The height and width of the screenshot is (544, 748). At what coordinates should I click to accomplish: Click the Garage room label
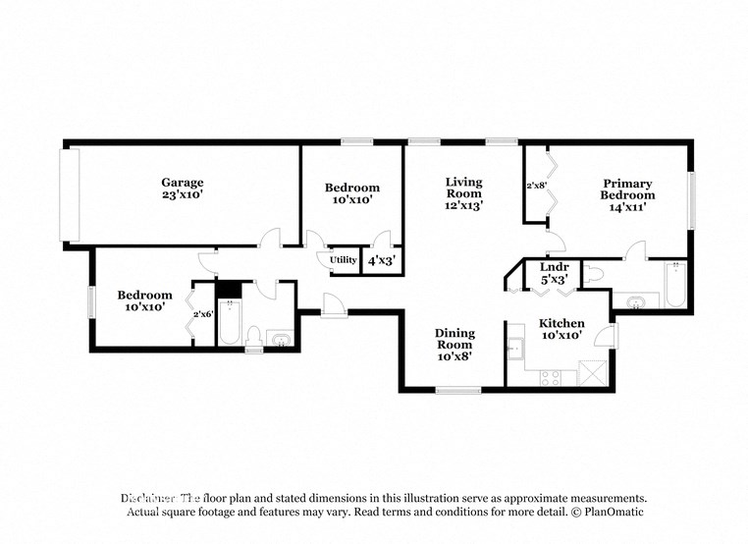click(183, 182)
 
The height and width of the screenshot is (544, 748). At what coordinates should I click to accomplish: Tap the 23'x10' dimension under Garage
click(183, 194)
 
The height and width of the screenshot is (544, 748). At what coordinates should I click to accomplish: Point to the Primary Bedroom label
click(627, 189)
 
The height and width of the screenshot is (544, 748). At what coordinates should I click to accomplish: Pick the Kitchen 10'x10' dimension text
click(561, 336)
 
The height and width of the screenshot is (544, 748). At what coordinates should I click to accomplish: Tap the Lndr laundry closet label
click(555, 266)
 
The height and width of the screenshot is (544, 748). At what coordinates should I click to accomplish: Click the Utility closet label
click(344, 260)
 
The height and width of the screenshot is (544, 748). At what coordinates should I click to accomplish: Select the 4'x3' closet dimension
click(380, 261)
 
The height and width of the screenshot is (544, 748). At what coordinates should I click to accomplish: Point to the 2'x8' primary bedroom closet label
click(536, 185)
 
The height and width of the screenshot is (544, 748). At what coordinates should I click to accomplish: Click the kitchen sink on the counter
click(514, 347)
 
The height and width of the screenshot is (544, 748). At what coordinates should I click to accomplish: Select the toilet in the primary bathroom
click(595, 274)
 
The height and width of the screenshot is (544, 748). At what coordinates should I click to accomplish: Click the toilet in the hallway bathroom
click(253, 337)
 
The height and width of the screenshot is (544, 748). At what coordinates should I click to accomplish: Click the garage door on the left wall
click(68, 194)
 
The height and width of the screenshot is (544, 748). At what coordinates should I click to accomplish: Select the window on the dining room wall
click(458, 391)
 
